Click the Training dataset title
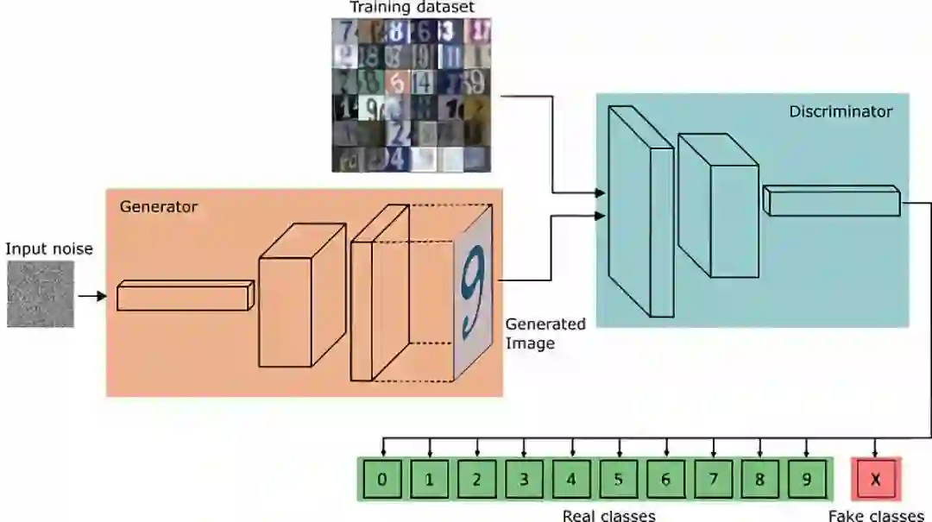click(x=412, y=8)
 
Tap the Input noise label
click(x=49, y=249)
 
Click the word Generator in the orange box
click(x=158, y=207)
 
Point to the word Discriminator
click(x=840, y=111)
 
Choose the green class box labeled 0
click(x=382, y=480)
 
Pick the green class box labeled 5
click(x=618, y=480)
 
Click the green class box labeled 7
click(x=713, y=480)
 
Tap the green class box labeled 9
click(x=807, y=480)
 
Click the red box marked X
click(x=876, y=480)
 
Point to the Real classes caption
click(x=608, y=516)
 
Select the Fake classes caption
click(x=876, y=516)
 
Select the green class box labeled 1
click(x=430, y=480)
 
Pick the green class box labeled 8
click(x=760, y=480)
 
